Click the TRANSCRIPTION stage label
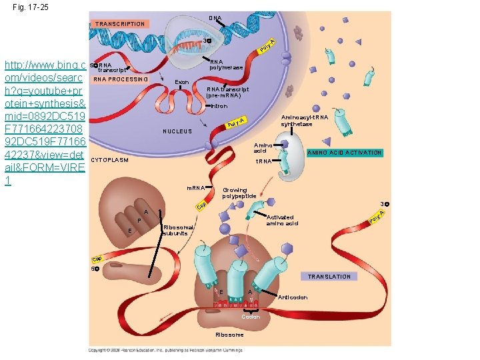(x=120, y=24)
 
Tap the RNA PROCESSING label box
(x=121, y=79)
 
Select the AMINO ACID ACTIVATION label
(x=344, y=153)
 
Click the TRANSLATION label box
(x=329, y=277)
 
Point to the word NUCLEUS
(x=177, y=131)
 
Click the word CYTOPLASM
(x=109, y=161)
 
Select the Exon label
(x=181, y=82)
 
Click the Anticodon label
(x=293, y=297)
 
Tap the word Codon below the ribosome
(x=251, y=317)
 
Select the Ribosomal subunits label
(x=178, y=230)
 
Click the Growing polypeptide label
(x=239, y=192)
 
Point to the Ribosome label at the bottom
(x=230, y=334)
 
